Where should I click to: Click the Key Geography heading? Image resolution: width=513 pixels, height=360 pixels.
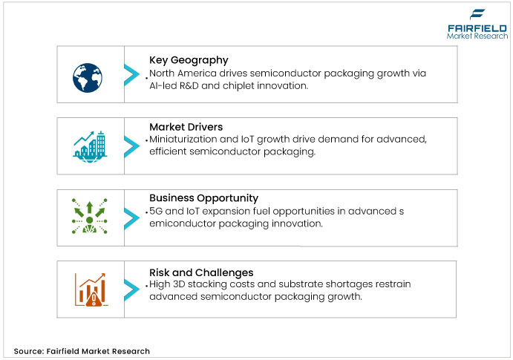pos(189,60)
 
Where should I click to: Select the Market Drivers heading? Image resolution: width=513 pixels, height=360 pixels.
pos(186,127)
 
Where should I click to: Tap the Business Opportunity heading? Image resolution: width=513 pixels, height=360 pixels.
pos(203,198)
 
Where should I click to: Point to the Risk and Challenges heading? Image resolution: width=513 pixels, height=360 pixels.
pos(201,272)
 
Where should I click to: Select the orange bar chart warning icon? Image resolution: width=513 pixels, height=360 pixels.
pos(88,289)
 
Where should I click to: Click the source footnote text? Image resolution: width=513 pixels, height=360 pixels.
pos(82,351)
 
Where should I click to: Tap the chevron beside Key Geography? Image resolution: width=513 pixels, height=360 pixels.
pos(131,74)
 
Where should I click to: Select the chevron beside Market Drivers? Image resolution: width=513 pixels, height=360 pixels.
pos(131,144)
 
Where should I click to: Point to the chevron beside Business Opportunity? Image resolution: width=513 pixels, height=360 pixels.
pos(131,216)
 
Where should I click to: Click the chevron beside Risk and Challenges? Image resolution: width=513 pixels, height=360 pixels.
pos(131,288)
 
